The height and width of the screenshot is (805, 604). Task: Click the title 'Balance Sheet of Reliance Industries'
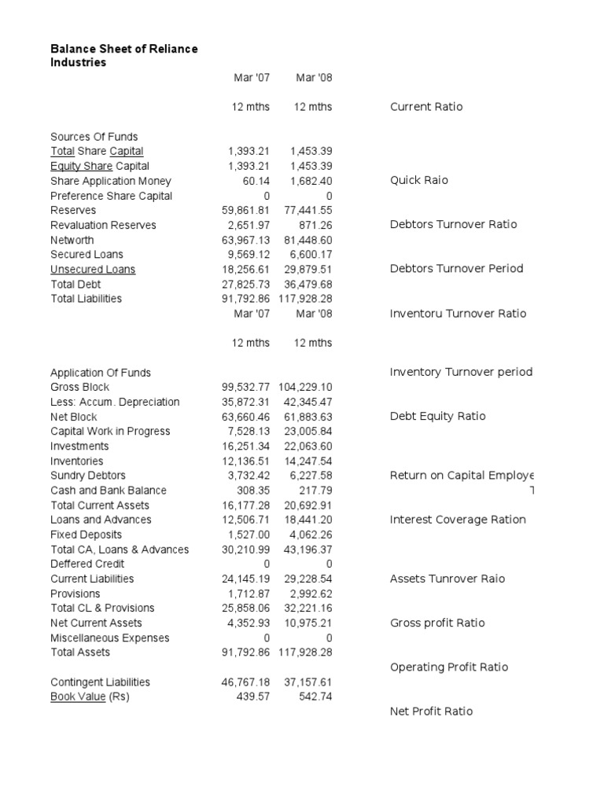tap(123, 55)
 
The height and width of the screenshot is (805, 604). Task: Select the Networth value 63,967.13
tap(245, 240)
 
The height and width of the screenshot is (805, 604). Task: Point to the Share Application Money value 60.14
tap(254, 181)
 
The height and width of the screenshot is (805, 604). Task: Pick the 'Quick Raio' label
tap(419, 180)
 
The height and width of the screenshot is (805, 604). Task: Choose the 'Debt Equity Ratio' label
tap(437, 416)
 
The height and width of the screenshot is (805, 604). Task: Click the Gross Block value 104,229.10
tap(305, 387)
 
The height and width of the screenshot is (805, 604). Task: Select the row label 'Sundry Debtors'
tap(87, 475)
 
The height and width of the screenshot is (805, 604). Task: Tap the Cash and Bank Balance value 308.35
tap(252, 490)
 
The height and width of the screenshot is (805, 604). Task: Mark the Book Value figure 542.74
tap(315, 697)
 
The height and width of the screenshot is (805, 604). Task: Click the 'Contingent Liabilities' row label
tap(100, 682)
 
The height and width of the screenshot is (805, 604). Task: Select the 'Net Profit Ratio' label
tap(432, 711)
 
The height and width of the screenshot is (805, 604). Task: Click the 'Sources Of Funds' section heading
tap(94, 136)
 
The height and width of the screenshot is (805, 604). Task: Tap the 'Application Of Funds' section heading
tap(101, 372)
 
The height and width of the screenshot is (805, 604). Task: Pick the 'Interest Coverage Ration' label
tap(458, 519)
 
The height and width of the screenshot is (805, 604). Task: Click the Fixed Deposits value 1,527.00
tap(249, 534)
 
